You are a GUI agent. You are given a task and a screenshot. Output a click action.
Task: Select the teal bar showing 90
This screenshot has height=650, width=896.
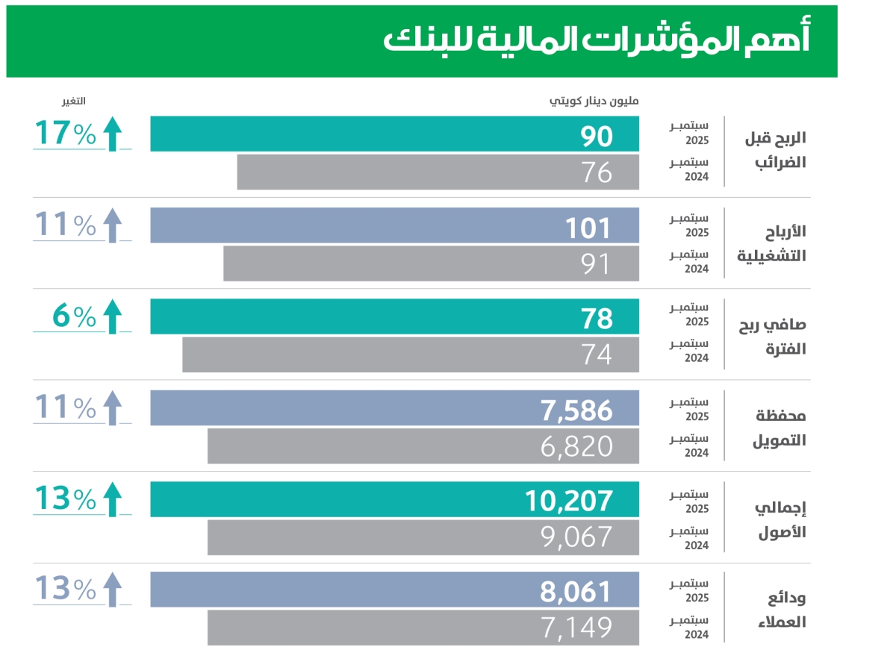[394, 134]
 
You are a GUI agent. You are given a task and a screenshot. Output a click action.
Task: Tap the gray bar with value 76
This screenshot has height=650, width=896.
[438, 172]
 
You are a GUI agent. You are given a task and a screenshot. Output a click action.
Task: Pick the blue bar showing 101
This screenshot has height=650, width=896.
[394, 226]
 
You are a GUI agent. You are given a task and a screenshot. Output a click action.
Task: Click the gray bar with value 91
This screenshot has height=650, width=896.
[431, 263]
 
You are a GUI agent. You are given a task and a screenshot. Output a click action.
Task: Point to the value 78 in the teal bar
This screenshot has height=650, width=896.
[597, 319]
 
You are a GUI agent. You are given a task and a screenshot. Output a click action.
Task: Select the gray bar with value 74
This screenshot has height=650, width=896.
[411, 354]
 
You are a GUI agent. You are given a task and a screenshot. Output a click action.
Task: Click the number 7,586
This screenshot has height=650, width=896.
[575, 410]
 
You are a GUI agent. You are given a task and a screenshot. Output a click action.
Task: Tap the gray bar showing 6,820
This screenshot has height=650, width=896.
[423, 446]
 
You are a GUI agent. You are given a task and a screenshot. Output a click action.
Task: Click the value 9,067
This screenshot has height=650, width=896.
[576, 537]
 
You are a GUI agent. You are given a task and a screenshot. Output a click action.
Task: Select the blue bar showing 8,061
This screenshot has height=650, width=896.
[394, 590]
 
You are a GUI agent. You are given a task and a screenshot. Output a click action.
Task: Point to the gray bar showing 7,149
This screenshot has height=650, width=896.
[423, 628]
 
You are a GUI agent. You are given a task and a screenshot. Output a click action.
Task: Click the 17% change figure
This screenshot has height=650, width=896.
[65, 134]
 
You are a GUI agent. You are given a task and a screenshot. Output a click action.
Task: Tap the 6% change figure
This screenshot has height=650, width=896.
[74, 318]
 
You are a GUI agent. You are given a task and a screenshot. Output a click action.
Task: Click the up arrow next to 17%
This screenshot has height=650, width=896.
[112, 134]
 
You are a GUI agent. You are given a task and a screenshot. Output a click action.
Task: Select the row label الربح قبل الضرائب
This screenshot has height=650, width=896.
[772, 152]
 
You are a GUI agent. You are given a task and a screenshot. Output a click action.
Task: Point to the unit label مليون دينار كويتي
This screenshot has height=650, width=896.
[594, 101]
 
